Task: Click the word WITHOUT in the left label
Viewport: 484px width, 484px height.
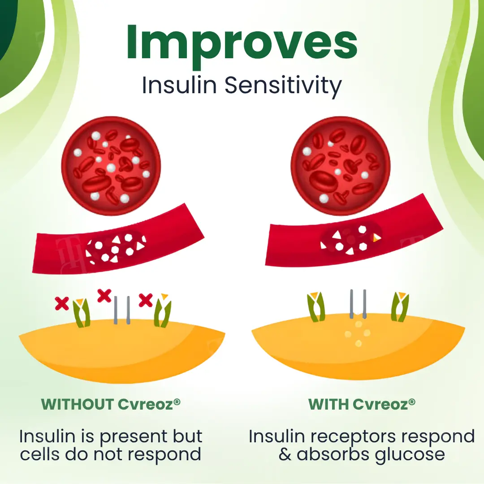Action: pyautogui.click(x=77, y=404)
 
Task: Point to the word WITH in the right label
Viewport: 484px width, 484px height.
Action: pyautogui.click(x=328, y=404)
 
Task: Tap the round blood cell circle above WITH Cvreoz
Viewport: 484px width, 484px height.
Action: pyautogui.click(x=341, y=166)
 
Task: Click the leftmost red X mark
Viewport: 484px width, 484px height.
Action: pyautogui.click(x=62, y=303)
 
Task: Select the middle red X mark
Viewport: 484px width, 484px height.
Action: pyautogui.click(x=104, y=296)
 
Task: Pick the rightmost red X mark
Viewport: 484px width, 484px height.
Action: pyautogui.click(x=145, y=300)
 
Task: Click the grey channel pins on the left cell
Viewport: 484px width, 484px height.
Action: pyautogui.click(x=122, y=310)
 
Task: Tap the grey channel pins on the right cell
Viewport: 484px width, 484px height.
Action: pyautogui.click(x=358, y=304)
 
